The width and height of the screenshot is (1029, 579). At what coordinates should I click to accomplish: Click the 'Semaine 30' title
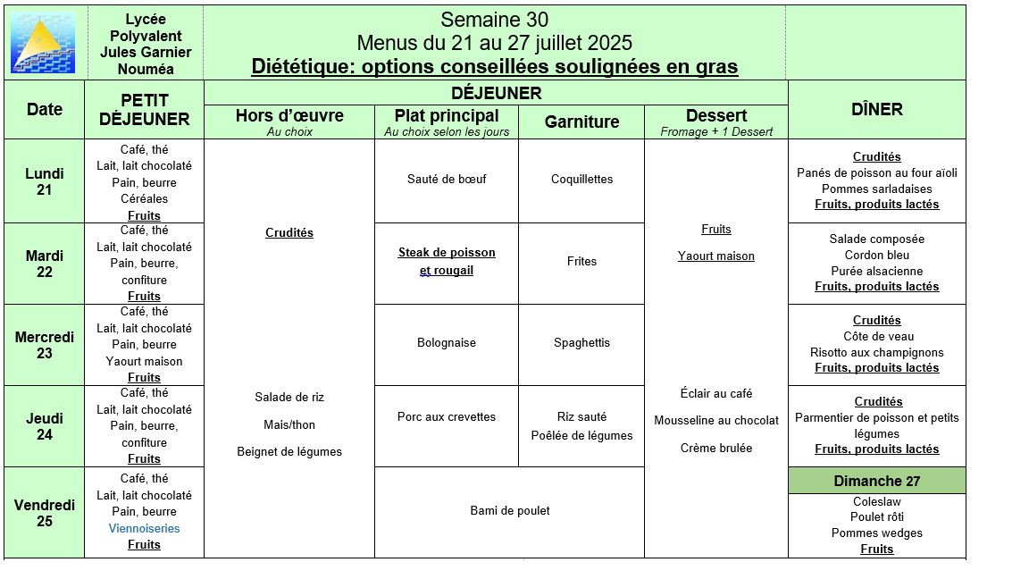coord(494,20)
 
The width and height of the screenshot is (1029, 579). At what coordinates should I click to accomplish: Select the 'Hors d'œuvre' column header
coord(289,116)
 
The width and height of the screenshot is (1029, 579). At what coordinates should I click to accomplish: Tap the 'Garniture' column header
coord(581,122)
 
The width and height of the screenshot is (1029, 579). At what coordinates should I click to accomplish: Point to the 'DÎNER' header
coord(877,109)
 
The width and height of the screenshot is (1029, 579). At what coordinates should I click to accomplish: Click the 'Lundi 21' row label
coord(45,181)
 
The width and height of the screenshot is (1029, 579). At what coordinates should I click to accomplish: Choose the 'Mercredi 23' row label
coord(45,345)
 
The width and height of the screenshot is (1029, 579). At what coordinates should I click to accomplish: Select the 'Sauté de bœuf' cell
coord(447,179)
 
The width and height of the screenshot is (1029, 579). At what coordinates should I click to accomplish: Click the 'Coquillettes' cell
coord(581,179)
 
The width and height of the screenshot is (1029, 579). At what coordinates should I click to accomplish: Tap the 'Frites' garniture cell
coord(581,262)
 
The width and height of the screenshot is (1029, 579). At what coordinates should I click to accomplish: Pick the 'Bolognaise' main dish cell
coord(447,343)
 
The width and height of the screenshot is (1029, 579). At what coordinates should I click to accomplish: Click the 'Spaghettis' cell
coord(581,343)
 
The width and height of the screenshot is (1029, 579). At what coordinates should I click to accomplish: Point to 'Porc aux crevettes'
coord(447,417)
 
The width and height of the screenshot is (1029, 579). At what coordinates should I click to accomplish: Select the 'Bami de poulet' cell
coord(509,511)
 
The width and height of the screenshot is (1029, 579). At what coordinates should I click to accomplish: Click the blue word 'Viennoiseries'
coord(144,528)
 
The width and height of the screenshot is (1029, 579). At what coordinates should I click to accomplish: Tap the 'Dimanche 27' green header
coord(877,481)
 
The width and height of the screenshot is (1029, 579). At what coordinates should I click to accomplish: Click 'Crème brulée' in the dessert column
coord(716,449)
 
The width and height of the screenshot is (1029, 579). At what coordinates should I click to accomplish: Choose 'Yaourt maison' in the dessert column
coord(716,256)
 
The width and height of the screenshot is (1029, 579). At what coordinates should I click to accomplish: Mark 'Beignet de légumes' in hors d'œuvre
coord(289,452)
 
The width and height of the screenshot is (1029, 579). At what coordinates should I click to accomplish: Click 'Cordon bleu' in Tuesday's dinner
coord(877,256)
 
